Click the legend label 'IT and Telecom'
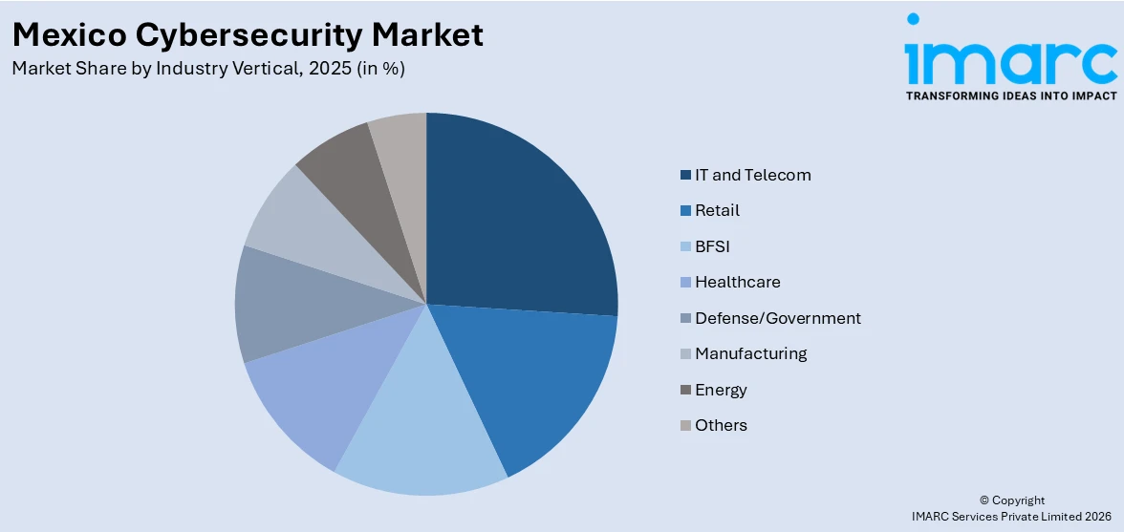pos(752,175)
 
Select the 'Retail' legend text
pos(717,210)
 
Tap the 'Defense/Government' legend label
pos(777,318)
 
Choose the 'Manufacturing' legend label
pos(750,353)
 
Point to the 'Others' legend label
pos(721,425)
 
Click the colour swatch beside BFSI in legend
pos(685,246)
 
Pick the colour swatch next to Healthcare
pos(685,283)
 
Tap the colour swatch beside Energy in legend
pos(685,390)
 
